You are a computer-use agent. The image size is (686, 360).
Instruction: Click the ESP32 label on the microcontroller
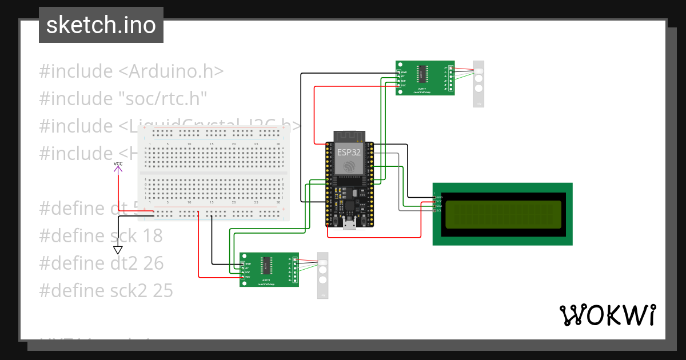pos(348,152)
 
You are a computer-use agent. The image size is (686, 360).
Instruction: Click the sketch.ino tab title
pos(101,25)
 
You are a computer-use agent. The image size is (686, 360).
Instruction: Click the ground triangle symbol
pos(118,250)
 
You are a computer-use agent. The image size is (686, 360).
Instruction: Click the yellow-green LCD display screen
pos(502,214)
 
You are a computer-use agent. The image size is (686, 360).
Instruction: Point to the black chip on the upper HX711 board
pos(422,75)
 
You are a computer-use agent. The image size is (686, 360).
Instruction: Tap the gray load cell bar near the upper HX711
pos(478,83)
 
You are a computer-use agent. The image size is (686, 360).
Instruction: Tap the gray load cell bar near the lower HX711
pos(322,275)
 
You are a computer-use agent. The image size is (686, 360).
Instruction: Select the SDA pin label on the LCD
pos(439,206)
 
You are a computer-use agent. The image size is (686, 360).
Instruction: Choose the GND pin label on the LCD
pos(439,197)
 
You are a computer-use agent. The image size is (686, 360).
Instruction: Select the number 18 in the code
pos(151,236)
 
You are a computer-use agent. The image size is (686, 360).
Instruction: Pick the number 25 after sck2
pos(162,291)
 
